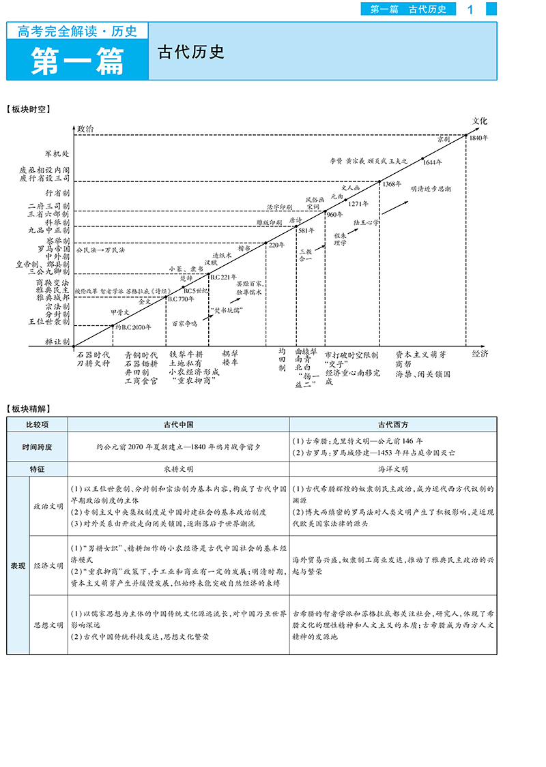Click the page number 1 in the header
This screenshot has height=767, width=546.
click(470, 9)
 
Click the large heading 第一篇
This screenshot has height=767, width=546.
click(77, 60)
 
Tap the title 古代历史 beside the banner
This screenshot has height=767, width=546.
click(191, 52)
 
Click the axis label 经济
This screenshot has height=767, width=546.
click(480, 353)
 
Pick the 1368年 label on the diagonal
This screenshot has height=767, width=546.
click(392, 184)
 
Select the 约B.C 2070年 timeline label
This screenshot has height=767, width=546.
click(133, 327)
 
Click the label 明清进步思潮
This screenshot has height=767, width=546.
click(430, 187)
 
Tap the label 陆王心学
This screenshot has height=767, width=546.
click(366, 223)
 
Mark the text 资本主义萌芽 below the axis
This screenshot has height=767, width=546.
click(420, 355)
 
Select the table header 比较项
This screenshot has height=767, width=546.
click(37, 423)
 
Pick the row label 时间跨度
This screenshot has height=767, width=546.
click(37, 447)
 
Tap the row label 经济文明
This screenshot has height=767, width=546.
click(48, 565)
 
